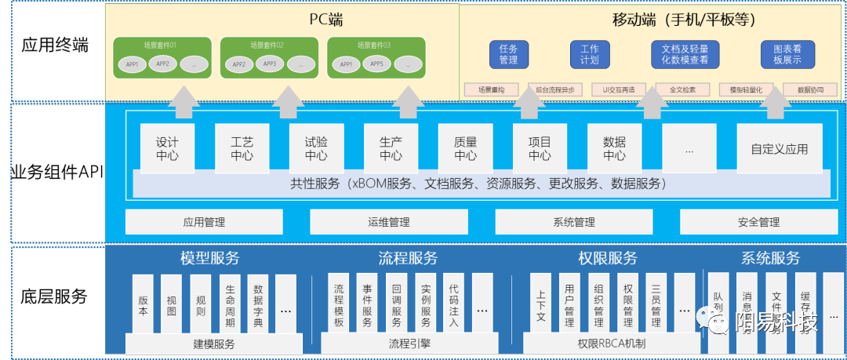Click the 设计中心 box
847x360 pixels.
166,147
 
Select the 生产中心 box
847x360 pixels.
391,147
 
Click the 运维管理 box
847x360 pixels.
388,222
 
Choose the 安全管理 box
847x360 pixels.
758,222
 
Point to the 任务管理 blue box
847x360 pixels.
508,53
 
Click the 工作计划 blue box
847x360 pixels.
589,53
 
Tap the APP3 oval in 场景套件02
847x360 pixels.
270,64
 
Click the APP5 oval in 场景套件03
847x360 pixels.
376,64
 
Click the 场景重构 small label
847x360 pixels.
492,89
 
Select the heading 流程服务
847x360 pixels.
408,258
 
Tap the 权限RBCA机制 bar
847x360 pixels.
611,343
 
